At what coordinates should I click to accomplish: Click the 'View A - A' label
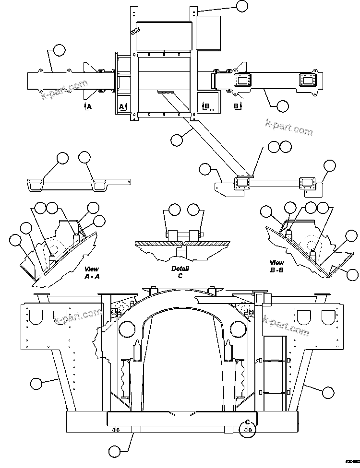coord(92,273)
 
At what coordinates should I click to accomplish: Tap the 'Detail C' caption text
coord(180,272)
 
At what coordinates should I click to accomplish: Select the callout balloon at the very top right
coord(242,6)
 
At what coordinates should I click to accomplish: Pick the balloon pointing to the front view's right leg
coord(328,392)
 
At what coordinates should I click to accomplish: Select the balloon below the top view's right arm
coord(283,105)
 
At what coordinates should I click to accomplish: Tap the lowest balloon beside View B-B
coord(353,275)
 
